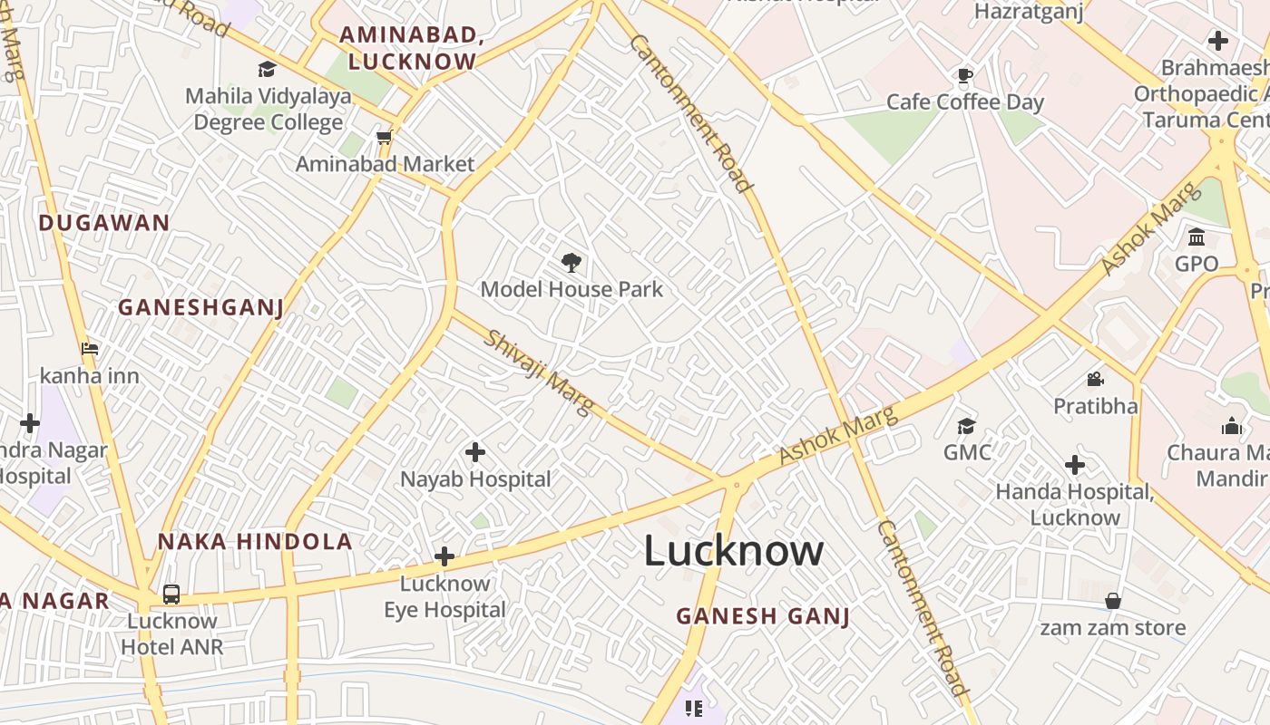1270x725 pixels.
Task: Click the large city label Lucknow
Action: click(x=734, y=551)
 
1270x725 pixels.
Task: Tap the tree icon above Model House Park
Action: click(x=571, y=263)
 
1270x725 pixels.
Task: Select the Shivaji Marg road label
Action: click(x=539, y=372)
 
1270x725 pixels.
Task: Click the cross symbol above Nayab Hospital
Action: click(x=474, y=451)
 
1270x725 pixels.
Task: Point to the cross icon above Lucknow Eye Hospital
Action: click(x=444, y=556)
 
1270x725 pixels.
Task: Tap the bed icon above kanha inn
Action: click(x=89, y=348)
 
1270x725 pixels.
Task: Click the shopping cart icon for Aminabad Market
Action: click(x=385, y=138)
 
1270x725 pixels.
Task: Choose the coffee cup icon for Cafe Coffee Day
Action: click(x=965, y=75)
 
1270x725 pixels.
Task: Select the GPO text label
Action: click(x=1197, y=264)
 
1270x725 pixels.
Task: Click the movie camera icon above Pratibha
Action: click(x=1095, y=379)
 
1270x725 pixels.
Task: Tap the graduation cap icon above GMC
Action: click(x=967, y=425)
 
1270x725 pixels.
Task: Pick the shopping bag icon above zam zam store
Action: click(x=1113, y=601)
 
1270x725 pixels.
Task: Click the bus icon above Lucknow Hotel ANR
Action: click(x=171, y=594)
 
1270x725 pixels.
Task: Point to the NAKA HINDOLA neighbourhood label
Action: click(x=255, y=542)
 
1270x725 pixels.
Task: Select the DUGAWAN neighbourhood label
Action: click(x=104, y=223)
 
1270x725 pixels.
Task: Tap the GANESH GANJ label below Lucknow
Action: click(x=763, y=616)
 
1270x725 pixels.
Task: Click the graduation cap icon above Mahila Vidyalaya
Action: click(x=267, y=69)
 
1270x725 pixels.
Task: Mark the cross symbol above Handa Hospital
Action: click(x=1075, y=465)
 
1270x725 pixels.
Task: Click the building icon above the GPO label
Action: click(x=1197, y=237)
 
